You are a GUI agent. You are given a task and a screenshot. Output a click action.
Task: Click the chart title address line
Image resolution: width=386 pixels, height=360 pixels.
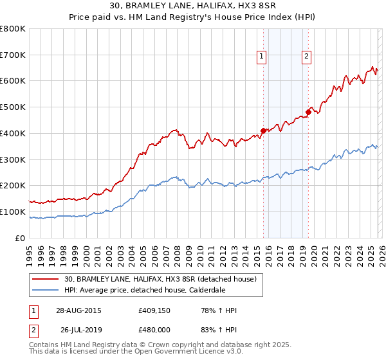point(192,6)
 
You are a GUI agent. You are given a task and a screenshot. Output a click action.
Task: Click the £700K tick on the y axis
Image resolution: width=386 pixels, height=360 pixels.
point(13,55)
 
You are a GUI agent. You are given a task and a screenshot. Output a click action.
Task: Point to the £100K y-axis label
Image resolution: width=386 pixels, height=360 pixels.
point(13,212)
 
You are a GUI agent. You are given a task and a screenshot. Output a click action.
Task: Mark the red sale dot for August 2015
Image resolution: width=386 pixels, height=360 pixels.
point(263,130)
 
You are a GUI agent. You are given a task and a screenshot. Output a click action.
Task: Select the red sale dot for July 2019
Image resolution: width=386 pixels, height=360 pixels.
point(308,112)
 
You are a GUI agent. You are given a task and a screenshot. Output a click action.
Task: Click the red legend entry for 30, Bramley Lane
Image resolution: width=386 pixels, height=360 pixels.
point(160,279)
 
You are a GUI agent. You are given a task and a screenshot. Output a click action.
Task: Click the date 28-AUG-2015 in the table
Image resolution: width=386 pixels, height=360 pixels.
point(78,310)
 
